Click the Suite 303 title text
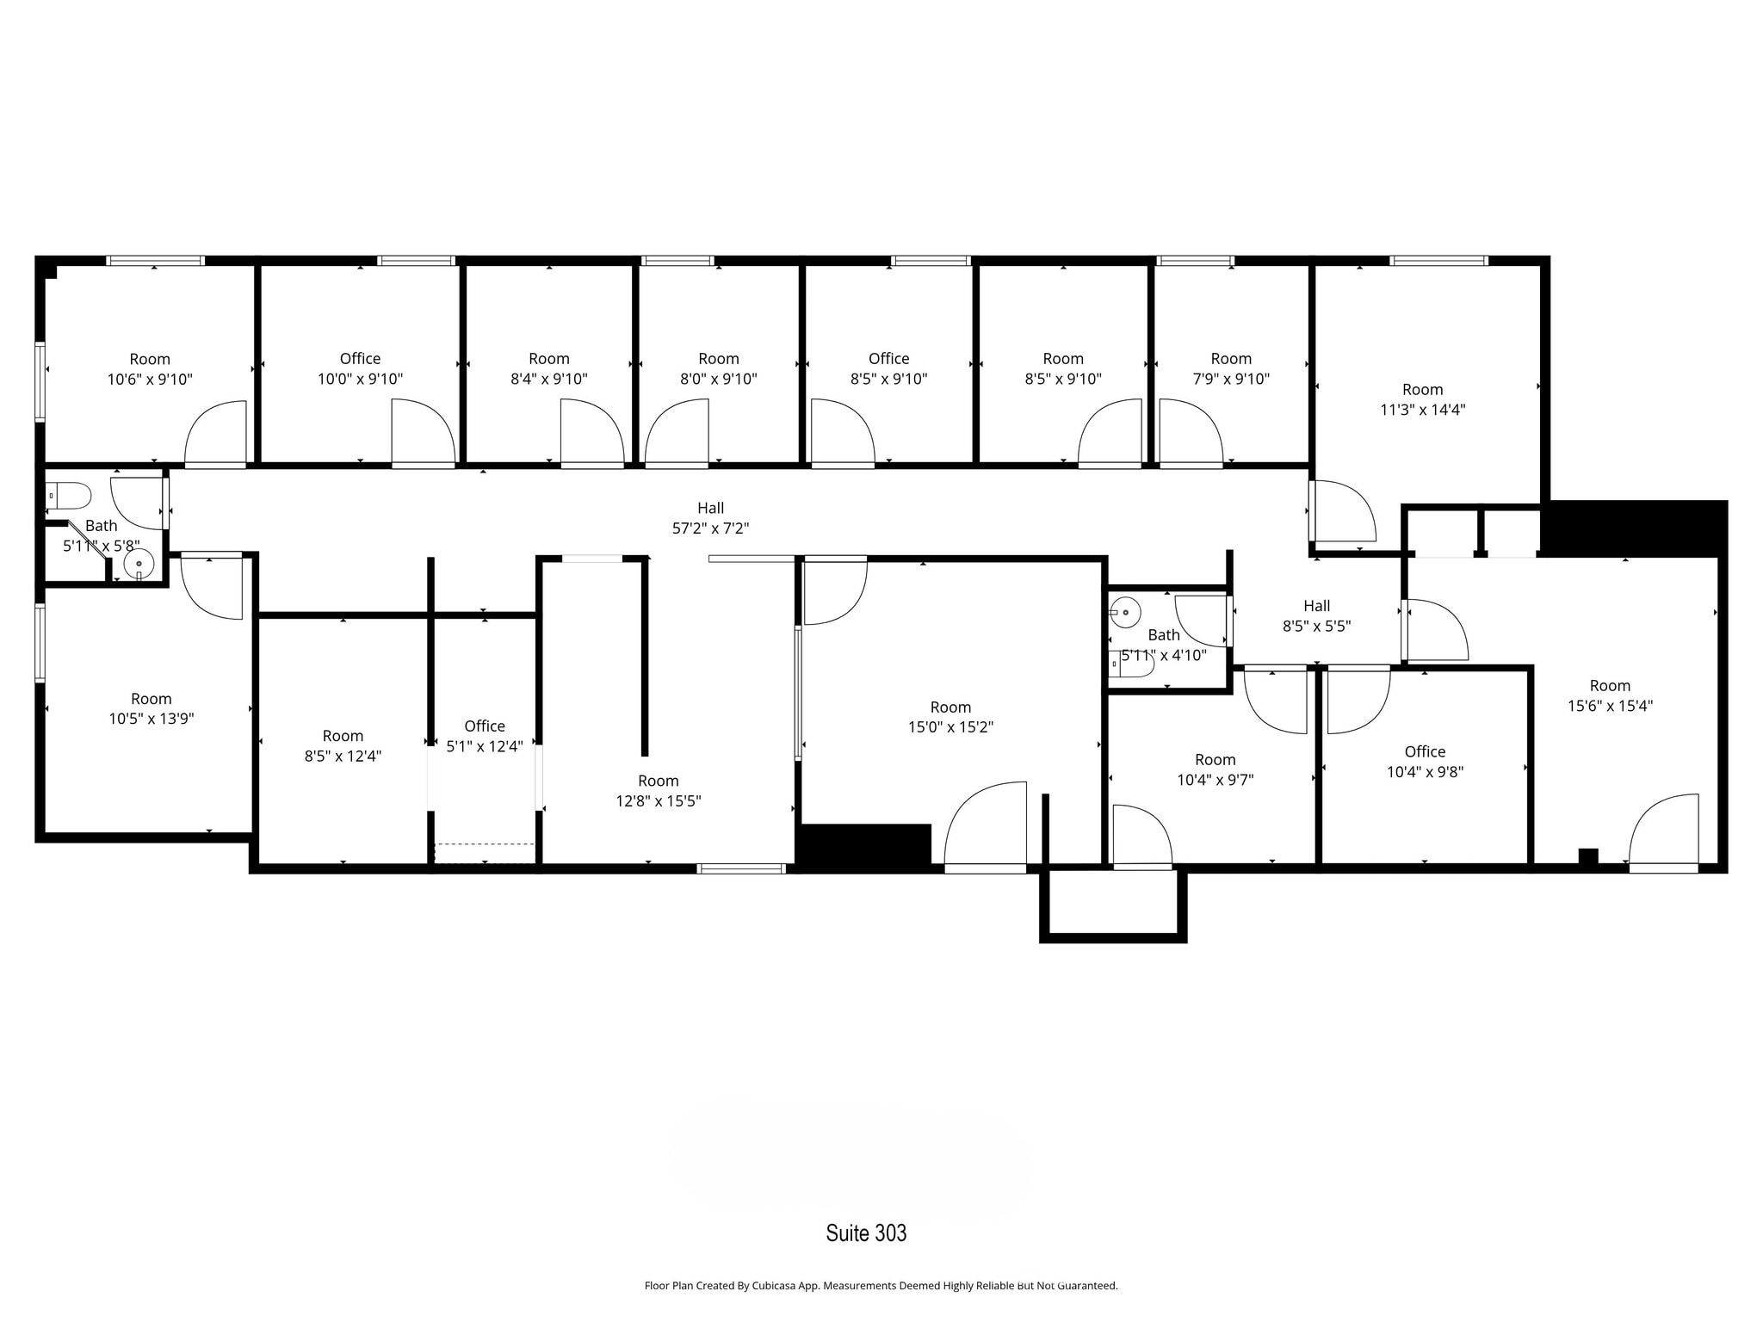pos(866,1233)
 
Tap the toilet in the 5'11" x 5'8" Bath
pos(69,497)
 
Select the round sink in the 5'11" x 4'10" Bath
pos(1125,613)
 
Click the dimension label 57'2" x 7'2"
pos(710,528)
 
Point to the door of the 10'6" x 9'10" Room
pos(215,435)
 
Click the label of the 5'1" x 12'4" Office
pos(485,726)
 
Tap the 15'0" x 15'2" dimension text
pos(950,727)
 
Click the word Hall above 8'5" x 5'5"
pos(1316,606)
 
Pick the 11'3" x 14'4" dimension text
pos(1422,410)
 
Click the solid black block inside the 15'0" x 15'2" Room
pos(866,844)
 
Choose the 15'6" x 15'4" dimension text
pos(1610,706)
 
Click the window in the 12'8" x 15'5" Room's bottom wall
pos(741,868)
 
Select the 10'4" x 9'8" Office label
pos(1425,752)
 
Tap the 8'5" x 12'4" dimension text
pos(343,757)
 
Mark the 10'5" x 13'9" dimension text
pos(151,720)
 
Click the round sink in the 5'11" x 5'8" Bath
pos(139,565)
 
